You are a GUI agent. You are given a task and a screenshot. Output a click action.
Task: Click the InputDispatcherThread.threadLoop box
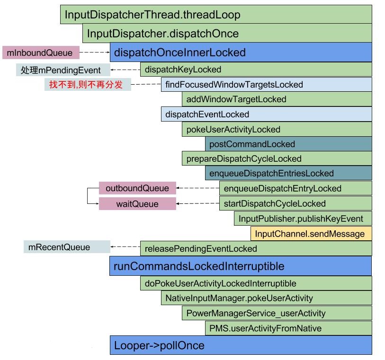point(216,15)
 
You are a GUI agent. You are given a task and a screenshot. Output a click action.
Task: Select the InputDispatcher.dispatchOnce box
point(227,34)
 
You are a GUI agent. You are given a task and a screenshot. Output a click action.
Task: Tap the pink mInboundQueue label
point(40,53)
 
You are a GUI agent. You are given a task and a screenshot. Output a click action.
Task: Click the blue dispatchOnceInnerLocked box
point(241,52)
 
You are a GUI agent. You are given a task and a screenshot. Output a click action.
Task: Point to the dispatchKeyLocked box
point(256,70)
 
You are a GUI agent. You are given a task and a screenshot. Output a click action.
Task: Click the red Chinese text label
point(88,85)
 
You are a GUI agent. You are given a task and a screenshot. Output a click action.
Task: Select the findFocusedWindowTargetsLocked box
point(266,85)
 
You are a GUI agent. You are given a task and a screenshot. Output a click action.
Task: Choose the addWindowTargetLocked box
point(277,99)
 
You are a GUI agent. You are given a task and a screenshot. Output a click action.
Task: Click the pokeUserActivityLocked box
point(277,130)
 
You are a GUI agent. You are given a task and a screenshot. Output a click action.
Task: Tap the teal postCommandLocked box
point(288,144)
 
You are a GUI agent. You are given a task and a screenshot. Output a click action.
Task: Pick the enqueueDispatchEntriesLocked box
point(288,173)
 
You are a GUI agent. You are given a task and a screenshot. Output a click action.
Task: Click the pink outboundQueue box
point(137,188)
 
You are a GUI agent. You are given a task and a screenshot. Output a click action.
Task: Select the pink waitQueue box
point(137,204)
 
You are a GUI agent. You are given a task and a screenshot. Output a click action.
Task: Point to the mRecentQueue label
point(67,247)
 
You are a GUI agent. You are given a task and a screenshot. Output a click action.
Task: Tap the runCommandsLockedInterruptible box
point(241,266)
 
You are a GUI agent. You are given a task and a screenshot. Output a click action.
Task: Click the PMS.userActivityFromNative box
point(288,328)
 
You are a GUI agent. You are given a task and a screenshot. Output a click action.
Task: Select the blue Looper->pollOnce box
point(241,345)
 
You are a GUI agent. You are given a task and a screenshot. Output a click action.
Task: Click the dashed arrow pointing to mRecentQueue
point(125,247)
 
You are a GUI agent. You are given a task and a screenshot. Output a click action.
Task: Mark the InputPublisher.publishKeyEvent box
point(302,219)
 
